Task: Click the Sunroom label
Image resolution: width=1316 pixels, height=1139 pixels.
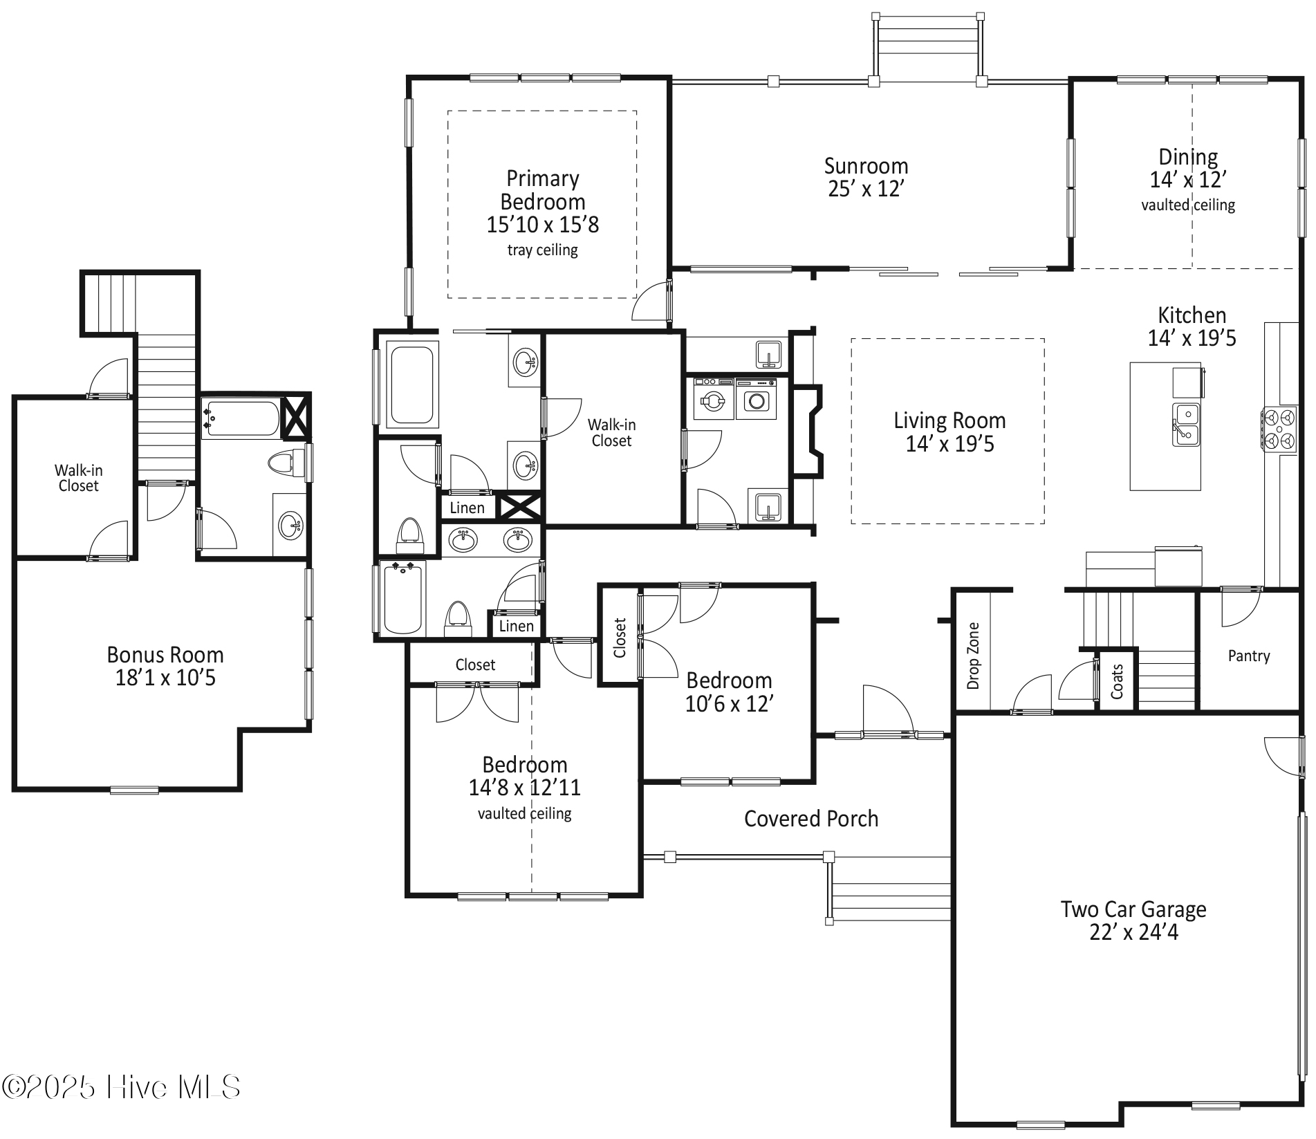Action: tap(866, 166)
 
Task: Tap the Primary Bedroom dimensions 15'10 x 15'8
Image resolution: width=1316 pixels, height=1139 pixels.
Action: tap(542, 225)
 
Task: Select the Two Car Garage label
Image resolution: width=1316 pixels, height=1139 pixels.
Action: tap(1133, 909)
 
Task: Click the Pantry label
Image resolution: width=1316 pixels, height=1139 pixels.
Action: tap(1248, 656)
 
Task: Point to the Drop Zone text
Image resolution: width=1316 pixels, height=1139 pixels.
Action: tap(973, 655)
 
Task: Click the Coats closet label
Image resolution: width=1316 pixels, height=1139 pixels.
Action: tap(1117, 681)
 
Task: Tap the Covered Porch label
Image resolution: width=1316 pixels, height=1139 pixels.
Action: tap(810, 819)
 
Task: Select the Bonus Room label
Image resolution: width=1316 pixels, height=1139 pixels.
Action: tap(165, 654)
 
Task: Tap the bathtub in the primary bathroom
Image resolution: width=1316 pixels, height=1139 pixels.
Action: tap(412, 385)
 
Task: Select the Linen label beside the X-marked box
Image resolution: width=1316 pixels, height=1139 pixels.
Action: tap(467, 508)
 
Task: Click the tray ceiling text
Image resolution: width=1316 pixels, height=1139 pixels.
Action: tap(542, 250)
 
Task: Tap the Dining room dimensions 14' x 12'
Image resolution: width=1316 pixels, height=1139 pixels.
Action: tap(1187, 180)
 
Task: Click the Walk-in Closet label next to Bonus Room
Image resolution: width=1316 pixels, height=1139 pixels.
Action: tap(77, 478)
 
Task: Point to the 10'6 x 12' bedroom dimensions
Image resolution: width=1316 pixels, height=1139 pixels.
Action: tap(728, 704)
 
